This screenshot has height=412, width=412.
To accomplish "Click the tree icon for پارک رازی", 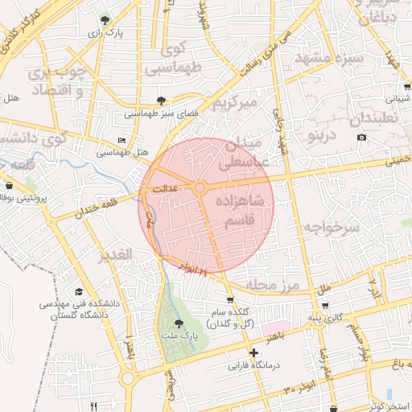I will (x=104, y=19).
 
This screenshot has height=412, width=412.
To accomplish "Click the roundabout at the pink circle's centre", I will (x=200, y=187).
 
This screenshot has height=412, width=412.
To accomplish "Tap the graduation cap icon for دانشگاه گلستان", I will (x=79, y=291).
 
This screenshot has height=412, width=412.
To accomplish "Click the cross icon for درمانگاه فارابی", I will (x=254, y=352).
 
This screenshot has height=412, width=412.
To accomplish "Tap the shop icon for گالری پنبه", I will (x=325, y=305).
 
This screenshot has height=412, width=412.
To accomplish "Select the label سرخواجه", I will (x=336, y=227).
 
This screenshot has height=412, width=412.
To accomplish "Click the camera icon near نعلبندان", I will (x=361, y=137).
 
